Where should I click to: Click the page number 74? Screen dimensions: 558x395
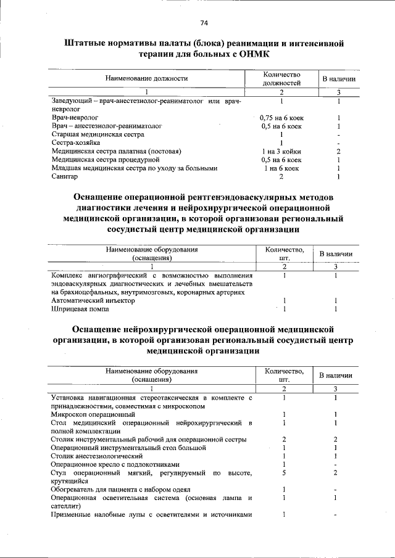[204, 23]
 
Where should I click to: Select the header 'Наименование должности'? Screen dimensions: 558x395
[146, 78]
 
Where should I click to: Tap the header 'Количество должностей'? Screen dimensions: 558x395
[281, 78]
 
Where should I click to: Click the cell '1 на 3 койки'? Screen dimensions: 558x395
[281, 151]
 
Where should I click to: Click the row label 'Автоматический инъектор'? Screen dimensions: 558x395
[93, 300]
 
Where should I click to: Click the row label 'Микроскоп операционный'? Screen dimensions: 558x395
[93, 414]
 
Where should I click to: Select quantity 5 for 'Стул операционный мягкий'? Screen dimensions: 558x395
[283, 473]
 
